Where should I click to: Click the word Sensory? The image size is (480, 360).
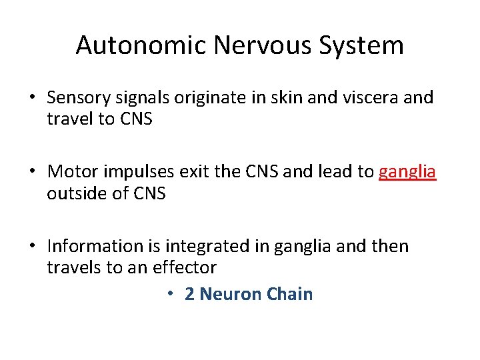76,98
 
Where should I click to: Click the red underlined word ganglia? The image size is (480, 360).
407,172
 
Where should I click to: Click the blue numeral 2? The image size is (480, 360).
189,294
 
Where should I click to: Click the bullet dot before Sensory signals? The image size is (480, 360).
32,99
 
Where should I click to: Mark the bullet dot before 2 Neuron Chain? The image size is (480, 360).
171,295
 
